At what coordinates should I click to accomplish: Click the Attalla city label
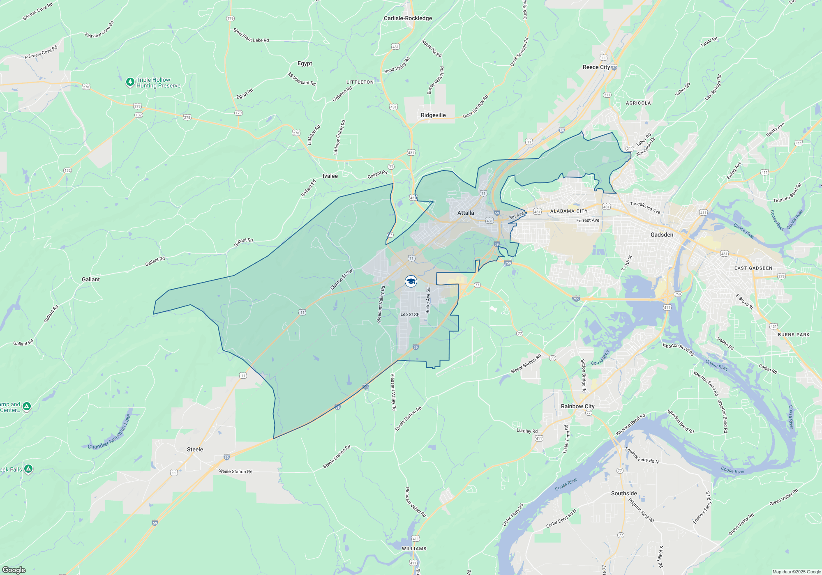[x=466, y=213]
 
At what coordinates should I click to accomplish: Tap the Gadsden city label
[x=662, y=235]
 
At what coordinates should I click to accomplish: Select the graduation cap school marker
[x=411, y=281]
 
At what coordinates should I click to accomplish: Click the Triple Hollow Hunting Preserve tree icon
[x=130, y=82]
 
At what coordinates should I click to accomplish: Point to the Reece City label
[x=596, y=67]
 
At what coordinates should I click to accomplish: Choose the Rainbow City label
[x=577, y=406]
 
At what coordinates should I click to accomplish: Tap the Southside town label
[x=624, y=493]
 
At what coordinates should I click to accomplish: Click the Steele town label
[x=195, y=449]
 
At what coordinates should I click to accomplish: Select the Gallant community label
[x=90, y=279]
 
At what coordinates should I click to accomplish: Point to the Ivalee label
[x=330, y=176]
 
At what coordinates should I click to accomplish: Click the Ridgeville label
[x=433, y=115]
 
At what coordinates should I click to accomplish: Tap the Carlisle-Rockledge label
[x=408, y=18]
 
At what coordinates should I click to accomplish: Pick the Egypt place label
[x=305, y=63]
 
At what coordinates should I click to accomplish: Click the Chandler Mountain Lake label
[x=109, y=432]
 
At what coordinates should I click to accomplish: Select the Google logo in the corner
[x=14, y=570]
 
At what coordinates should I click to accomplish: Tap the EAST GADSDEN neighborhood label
[x=753, y=268]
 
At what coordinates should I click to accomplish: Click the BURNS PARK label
[x=793, y=335]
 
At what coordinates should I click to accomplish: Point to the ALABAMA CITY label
[x=569, y=211]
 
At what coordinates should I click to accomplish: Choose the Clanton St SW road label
[x=342, y=280]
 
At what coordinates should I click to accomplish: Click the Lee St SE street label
[x=410, y=315]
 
